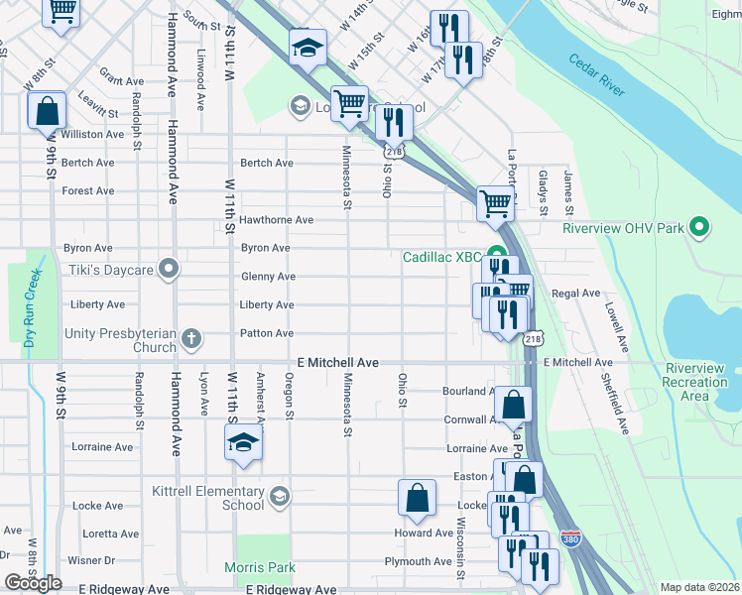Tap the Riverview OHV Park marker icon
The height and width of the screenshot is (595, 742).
pos(699,228)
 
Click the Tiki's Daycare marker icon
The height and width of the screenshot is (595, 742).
pos(170,269)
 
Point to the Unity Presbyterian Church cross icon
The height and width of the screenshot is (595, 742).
pos(190,340)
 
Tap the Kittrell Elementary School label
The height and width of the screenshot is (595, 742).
pos(208,498)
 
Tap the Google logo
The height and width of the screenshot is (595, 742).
pos(33,583)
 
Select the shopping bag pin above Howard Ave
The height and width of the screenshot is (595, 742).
pos(418,499)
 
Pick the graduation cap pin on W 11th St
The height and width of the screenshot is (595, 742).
pos(242,445)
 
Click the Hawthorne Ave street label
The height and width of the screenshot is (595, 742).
pos(277,220)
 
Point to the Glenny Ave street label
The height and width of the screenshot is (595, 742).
pos(268,277)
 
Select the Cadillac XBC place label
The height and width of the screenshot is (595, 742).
pos(441,257)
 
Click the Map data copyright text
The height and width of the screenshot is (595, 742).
pos(698,587)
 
